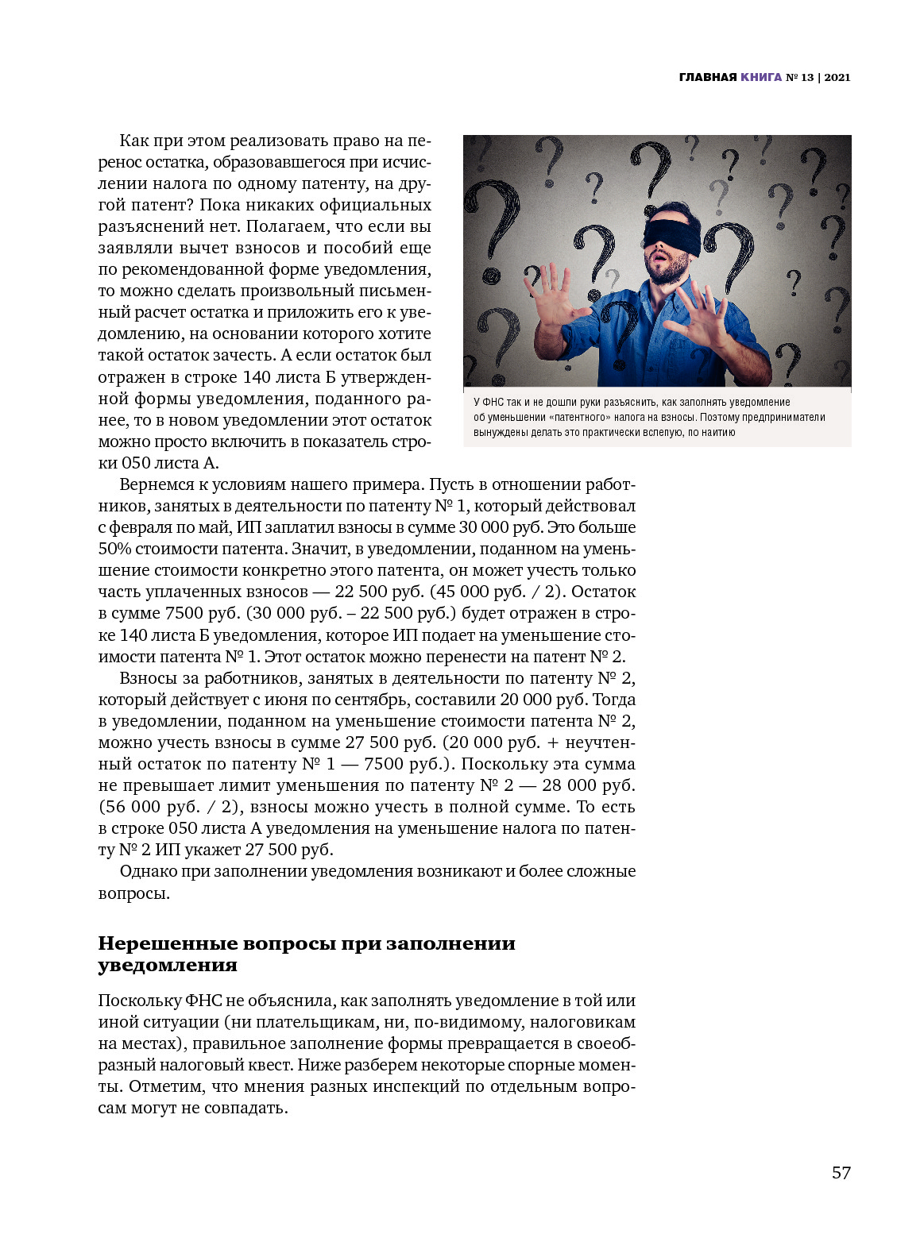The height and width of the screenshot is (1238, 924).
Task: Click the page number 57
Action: coord(841,1173)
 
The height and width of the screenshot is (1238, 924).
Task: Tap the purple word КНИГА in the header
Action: coord(761,77)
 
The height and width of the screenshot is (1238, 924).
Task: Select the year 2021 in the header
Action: coord(837,77)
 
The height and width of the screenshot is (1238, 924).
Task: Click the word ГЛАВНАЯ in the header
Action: coord(708,77)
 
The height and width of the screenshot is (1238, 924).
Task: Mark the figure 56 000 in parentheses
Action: coord(133,807)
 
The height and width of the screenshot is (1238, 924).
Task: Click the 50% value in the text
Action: coord(114,549)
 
